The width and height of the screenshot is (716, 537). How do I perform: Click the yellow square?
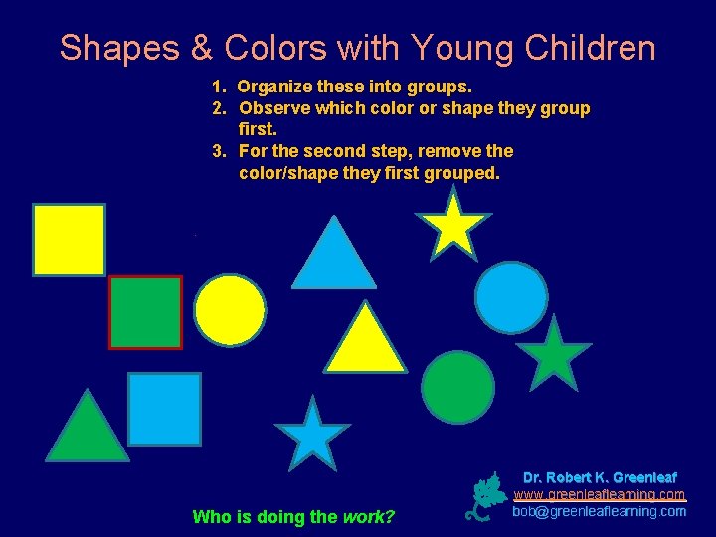(x=69, y=240)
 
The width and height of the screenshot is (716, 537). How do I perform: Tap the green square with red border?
(x=145, y=312)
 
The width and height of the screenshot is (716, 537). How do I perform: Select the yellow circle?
(x=230, y=310)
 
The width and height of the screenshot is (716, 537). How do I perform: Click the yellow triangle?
(x=365, y=342)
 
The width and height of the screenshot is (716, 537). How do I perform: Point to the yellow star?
(x=452, y=224)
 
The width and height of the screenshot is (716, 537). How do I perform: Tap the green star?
(x=554, y=355)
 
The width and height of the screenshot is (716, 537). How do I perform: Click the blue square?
(x=164, y=409)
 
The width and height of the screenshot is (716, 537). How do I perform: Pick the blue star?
(x=312, y=435)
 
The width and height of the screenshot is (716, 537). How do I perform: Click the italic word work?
(x=368, y=516)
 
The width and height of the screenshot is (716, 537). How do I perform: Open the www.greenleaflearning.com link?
(x=599, y=494)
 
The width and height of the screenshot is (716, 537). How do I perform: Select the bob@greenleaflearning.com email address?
(x=599, y=511)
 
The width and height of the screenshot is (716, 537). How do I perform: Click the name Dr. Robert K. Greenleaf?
(x=600, y=477)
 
